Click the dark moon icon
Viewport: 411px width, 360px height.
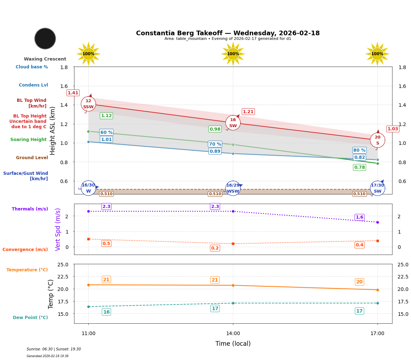pyautogui.click(x=45, y=38)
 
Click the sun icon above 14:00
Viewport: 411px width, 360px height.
pyautogui.click(x=233, y=54)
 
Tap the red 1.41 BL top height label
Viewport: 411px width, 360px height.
pyautogui.click(x=73, y=93)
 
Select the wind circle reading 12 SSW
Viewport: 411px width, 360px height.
pyautogui.click(x=88, y=104)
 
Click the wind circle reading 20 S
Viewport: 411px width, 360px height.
pyautogui.click(x=378, y=140)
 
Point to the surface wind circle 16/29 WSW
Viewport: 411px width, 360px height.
pyautogui.click(x=233, y=188)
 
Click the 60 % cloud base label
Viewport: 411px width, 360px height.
pyautogui.click(x=106, y=132)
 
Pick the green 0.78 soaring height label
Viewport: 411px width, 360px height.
pyautogui.click(x=359, y=167)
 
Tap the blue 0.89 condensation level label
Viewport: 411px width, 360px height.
pyautogui.click(x=215, y=151)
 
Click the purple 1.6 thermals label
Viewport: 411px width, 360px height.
pyautogui.click(x=359, y=217)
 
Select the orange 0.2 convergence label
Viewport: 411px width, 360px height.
pyautogui.click(x=215, y=248)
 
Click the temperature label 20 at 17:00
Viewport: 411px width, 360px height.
pyautogui.click(x=359, y=282)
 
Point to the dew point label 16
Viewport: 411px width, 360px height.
pyautogui.click(x=106, y=312)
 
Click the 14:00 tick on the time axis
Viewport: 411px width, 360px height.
pyautogui.click(x=233, y=334)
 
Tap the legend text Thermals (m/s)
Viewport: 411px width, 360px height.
pyautogui.click(x=30, y=209)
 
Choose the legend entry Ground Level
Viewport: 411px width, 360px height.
pyautogui.click(x=32, y=158)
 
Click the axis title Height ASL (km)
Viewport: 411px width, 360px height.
pyautogui.click(x=53, y=131)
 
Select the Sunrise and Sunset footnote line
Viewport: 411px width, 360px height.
pyautogui.click(x=54, y=349)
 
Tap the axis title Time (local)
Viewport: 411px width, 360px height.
pyautogui.click(x=233, y=344)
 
